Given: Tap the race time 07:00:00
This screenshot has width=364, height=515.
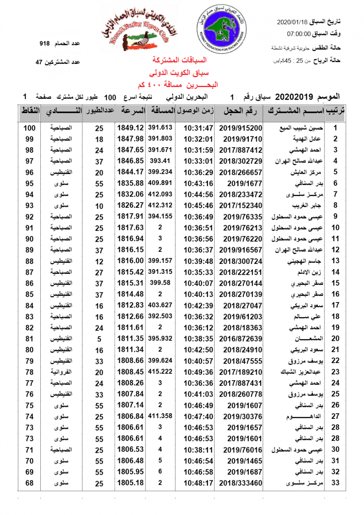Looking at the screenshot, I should (299, 33).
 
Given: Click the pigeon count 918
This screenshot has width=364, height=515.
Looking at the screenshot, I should (45, 44).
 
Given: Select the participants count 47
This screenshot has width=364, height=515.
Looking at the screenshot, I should (39, 62).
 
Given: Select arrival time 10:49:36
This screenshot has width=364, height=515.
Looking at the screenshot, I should (198, 371).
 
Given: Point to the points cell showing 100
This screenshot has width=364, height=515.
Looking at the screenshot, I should (29, 128).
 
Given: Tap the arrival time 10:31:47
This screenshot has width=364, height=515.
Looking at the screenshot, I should (198, 128).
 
